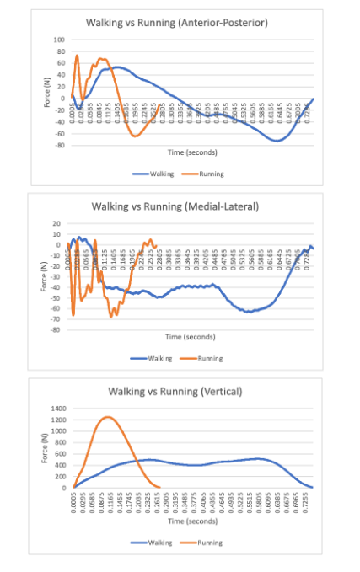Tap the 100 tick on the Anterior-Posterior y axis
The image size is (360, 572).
tap(59, 40)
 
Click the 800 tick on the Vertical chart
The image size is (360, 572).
tap(58, 442)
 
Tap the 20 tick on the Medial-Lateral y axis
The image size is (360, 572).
tap(59, 223)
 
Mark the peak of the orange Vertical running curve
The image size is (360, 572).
tap(107, 416)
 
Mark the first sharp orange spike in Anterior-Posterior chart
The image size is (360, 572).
tap(78, 56)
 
